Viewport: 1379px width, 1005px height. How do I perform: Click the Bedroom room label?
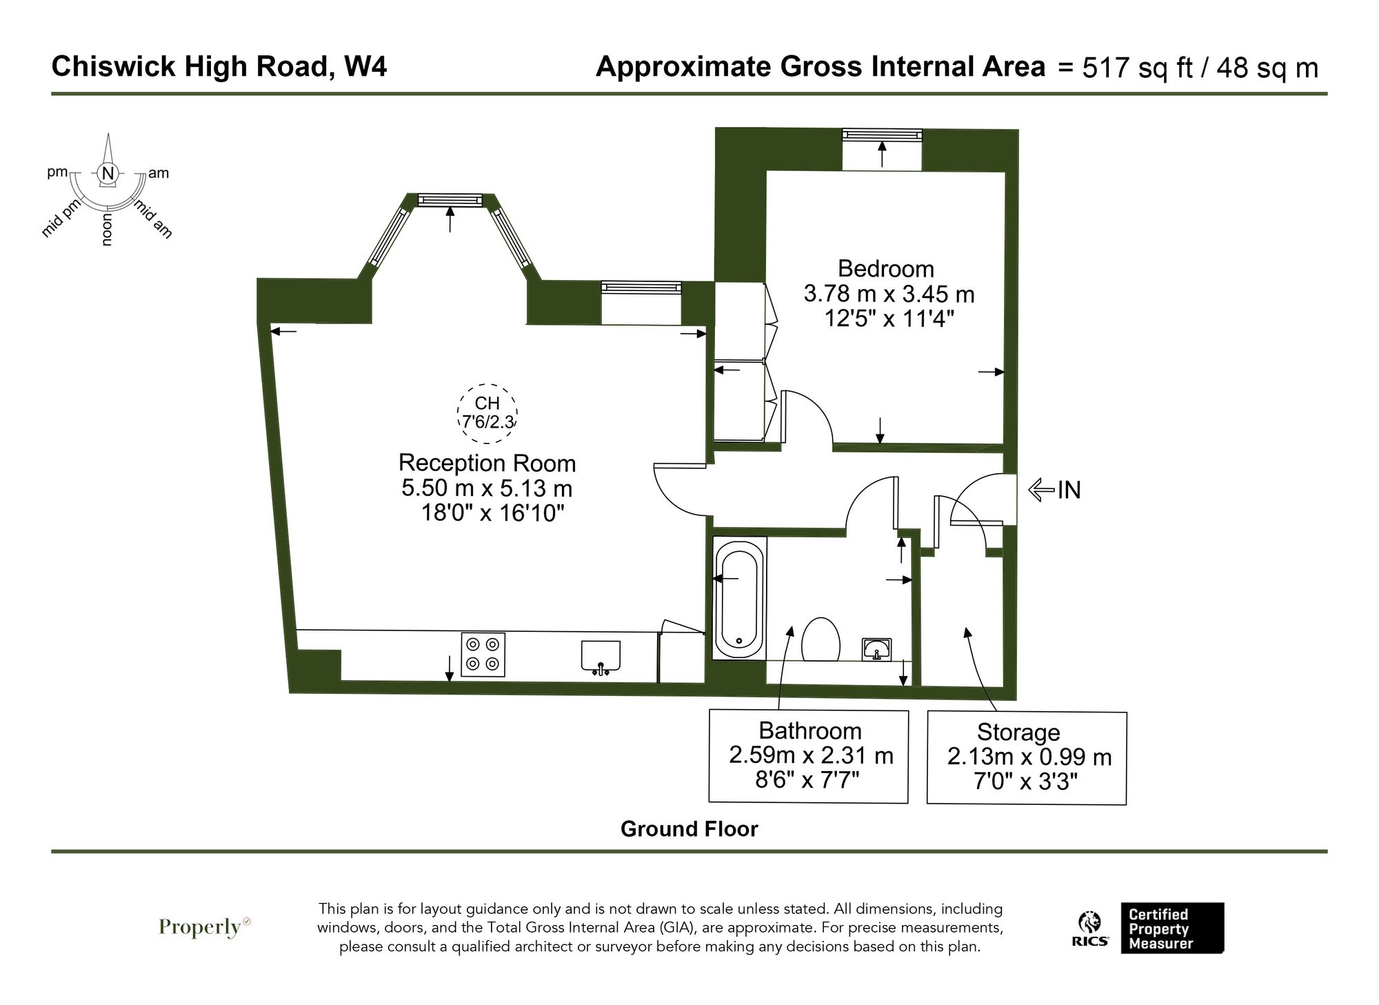(885, 268)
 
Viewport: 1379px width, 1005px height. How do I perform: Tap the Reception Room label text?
(487, 462)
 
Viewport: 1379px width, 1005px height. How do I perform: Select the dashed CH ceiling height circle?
(487, 414)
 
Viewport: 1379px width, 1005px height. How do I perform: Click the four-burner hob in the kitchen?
(483, 654)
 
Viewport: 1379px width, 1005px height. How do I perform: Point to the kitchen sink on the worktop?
(601, 655)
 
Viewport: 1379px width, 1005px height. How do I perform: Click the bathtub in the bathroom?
(739, 597)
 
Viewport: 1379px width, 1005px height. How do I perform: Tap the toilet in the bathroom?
(821, 639)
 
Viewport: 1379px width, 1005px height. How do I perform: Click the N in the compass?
(107, 174)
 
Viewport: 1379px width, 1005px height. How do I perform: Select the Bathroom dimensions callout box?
(809, 756)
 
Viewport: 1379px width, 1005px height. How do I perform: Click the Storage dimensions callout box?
(1027, 757)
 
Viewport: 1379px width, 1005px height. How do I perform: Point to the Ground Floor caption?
(689, 828)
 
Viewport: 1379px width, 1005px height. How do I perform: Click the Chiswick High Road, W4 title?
(219, 67)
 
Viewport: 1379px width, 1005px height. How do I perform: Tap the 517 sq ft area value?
(1136, 68)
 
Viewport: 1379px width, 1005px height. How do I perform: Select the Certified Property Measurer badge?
(1171, 928)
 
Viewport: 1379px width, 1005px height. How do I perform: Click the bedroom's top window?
(882, 135)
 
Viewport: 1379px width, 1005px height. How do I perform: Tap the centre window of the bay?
(450, 199)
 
